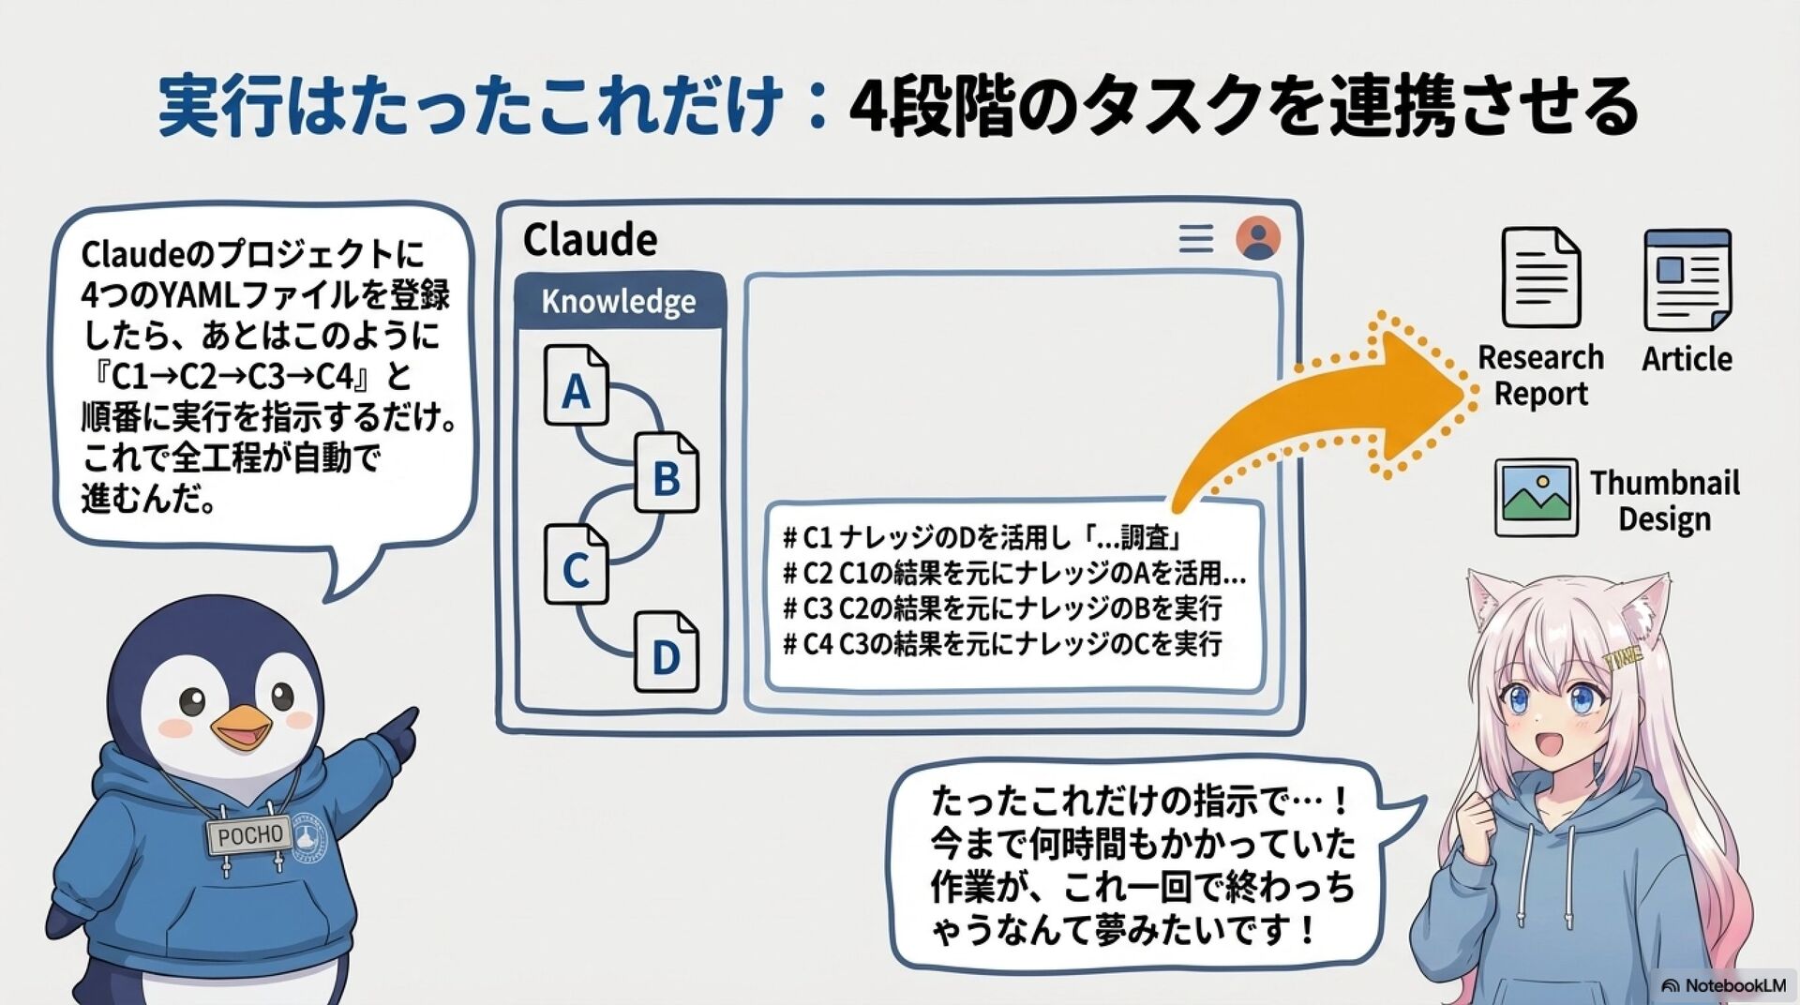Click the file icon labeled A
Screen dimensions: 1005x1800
576,387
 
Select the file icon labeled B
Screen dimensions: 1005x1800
666,473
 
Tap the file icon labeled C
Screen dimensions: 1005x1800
576,564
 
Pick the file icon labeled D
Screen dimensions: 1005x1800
666,652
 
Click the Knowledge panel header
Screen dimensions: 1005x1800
619,302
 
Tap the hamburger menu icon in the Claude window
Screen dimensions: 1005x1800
1195,239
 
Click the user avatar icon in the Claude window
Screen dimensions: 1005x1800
1257,238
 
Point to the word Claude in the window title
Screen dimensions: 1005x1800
590,240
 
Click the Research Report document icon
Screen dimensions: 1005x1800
1540,277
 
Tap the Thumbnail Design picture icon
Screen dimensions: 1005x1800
1536,497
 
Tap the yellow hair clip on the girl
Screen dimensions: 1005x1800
1622,657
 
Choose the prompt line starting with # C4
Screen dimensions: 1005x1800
1002,645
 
